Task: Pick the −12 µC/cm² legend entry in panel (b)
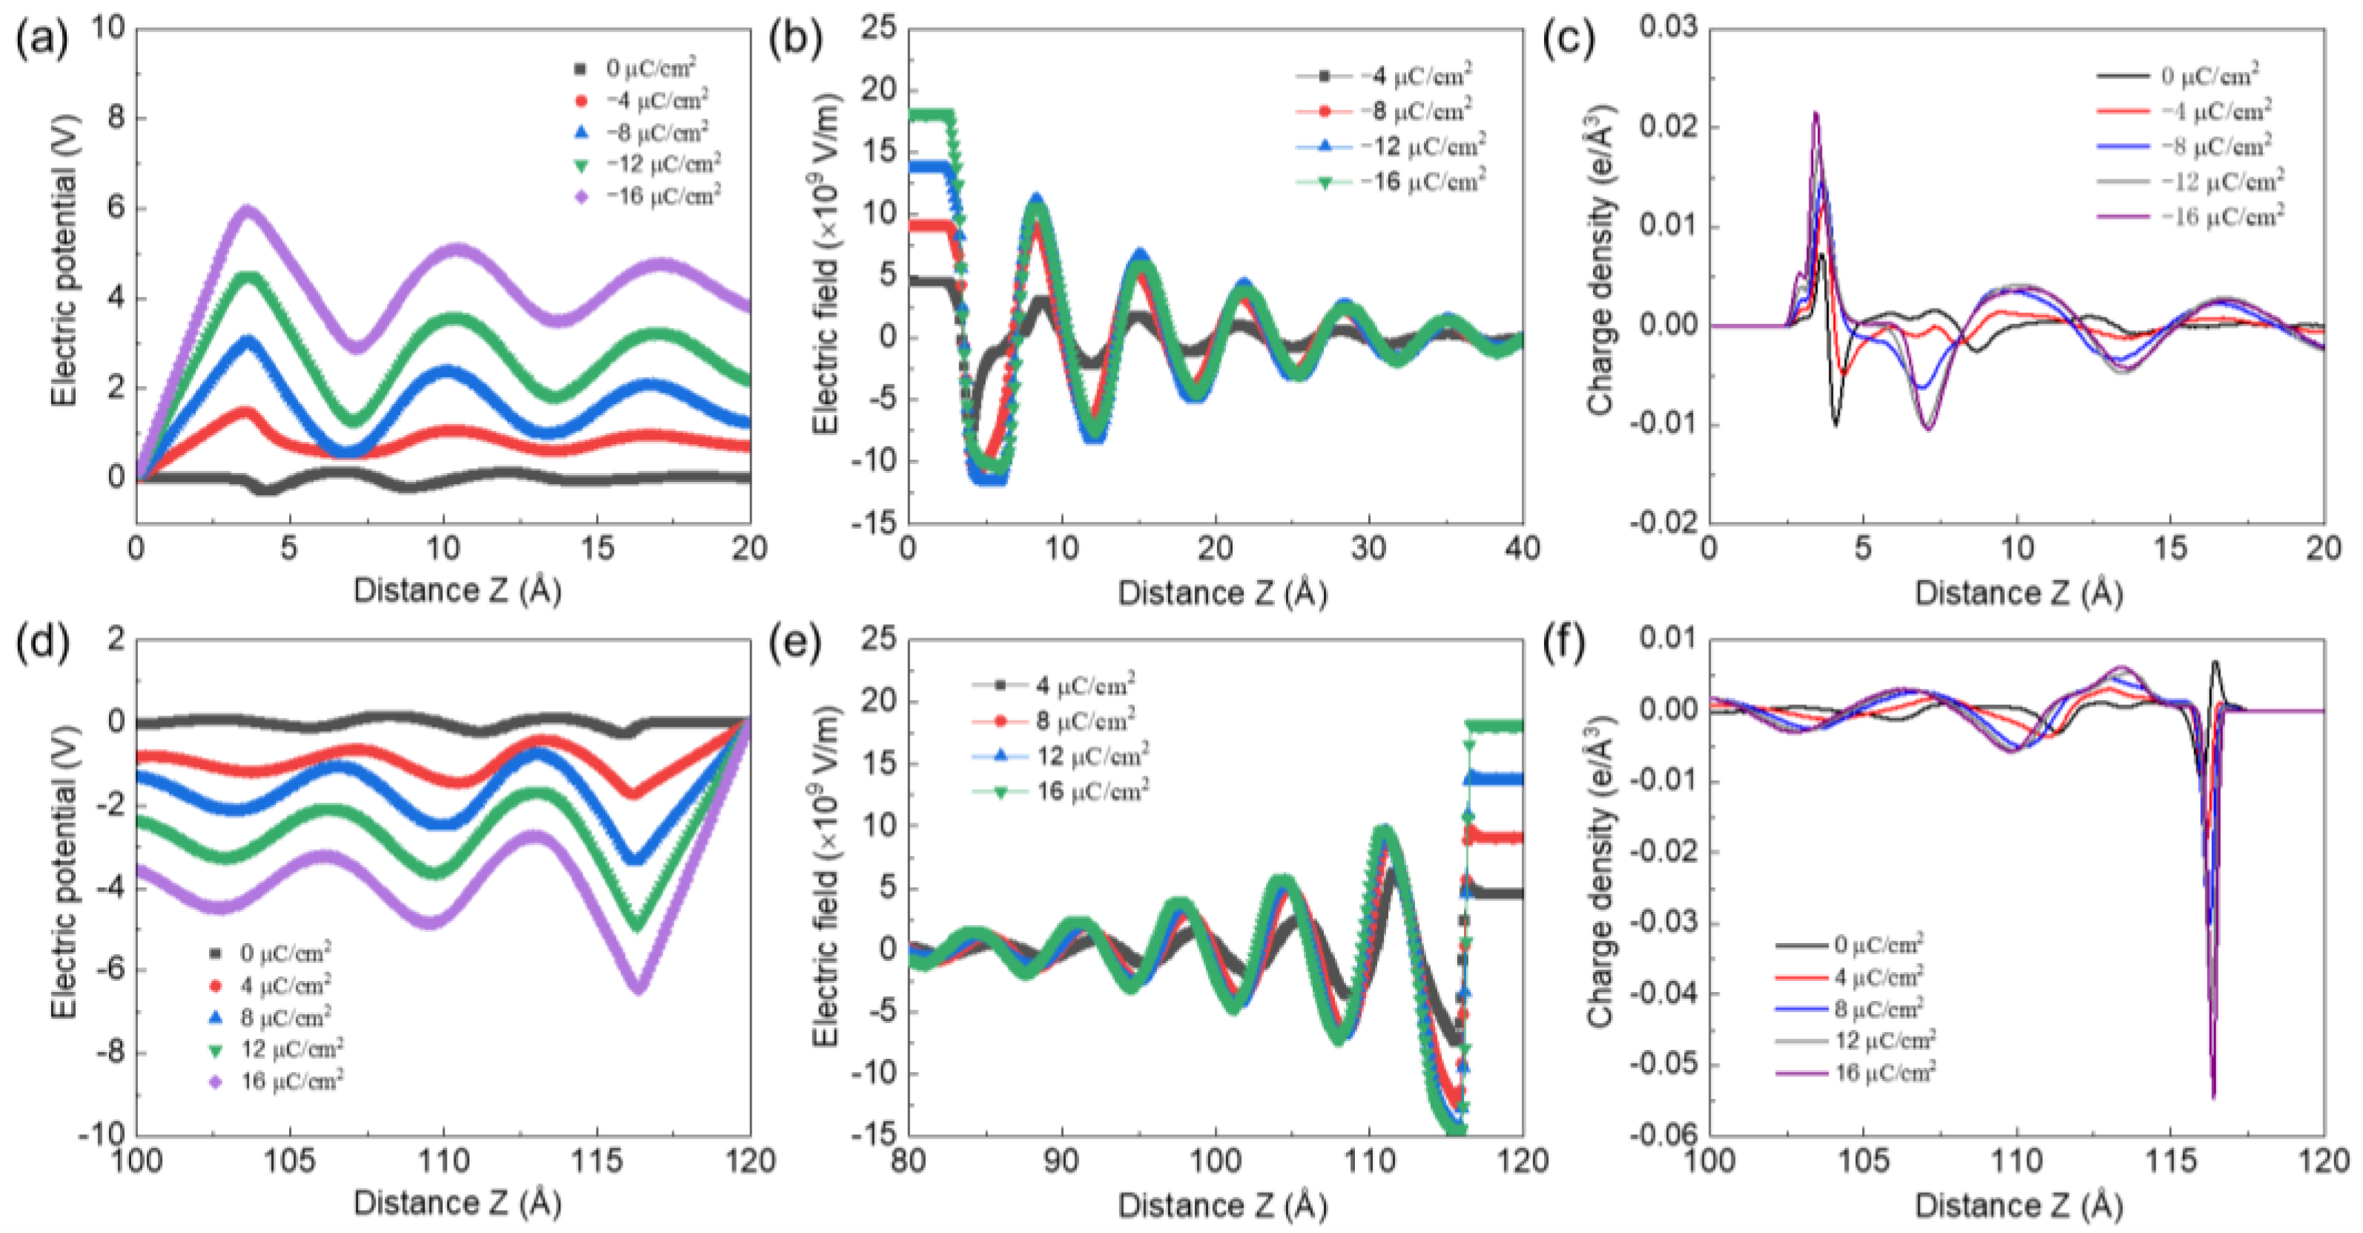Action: tap(1422, 147)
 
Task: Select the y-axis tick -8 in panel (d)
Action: tap(109, 1052)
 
